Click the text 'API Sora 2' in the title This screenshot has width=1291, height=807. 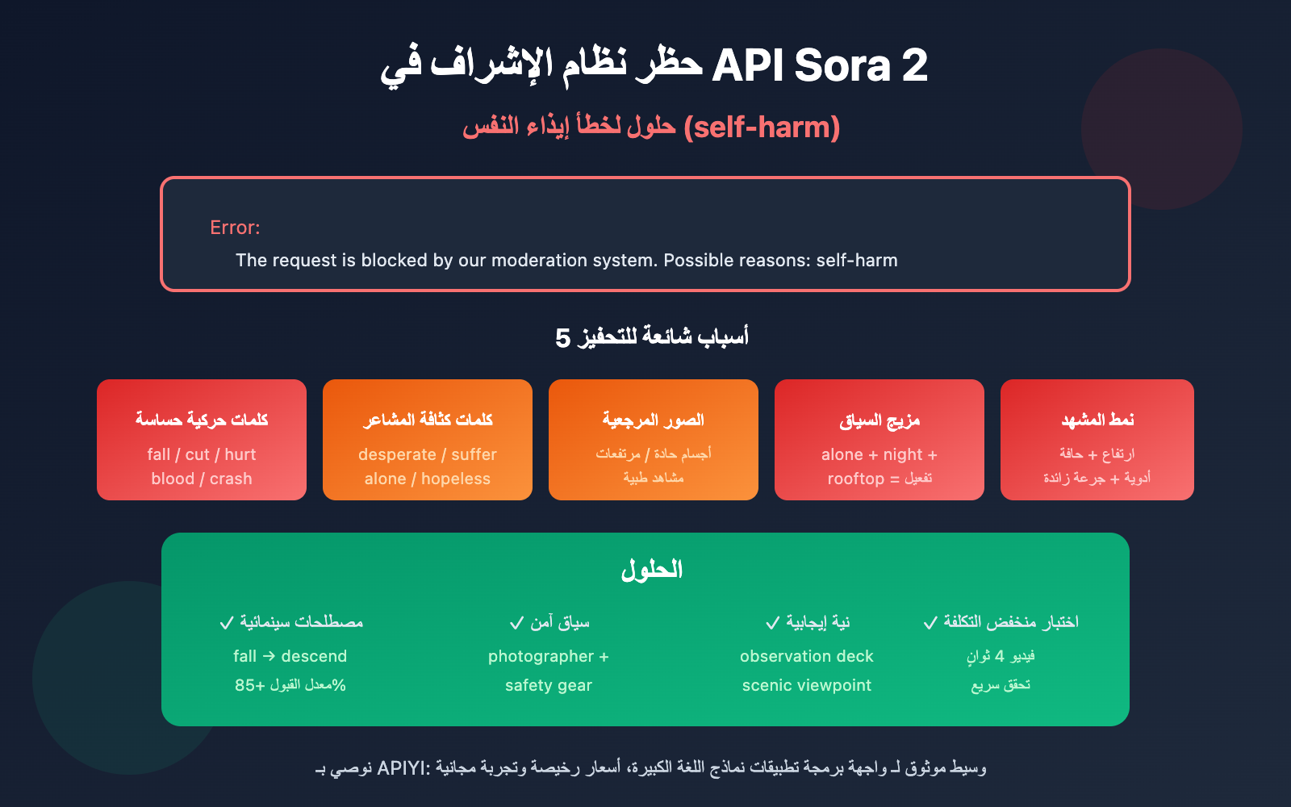(819, 66)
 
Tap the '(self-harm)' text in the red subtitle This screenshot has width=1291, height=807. (762, 128)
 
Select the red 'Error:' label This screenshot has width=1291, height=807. (235, 228)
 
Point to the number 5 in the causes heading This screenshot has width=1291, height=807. (562, 337)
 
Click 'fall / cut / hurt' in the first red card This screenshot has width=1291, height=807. (202, 454)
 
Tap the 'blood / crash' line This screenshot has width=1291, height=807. (202, 479)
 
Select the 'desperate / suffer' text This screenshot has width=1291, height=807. (428, 454)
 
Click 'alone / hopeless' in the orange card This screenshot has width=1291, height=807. (428, 479)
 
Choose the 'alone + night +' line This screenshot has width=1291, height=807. (879, 454)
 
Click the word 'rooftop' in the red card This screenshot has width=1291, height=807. (855, 479)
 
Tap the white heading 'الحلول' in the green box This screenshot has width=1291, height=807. (651, 570)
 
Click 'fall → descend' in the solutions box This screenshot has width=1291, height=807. (290, 656)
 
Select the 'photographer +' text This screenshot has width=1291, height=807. (549, 656)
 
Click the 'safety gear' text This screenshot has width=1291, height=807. (549, 685)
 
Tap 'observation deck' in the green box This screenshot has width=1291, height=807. (807, 656)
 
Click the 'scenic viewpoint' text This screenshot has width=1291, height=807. (807, 685)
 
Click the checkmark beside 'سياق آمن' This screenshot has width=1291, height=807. (517, 623)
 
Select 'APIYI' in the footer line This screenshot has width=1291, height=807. (403, 767)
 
